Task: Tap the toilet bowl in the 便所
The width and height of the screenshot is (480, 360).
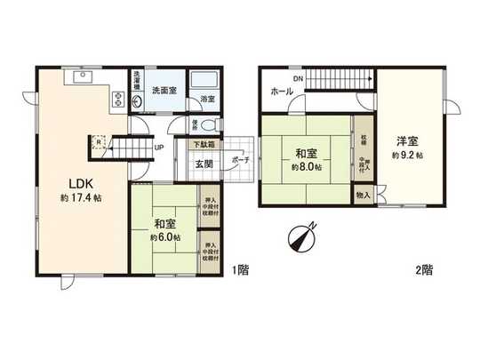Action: point(204,125)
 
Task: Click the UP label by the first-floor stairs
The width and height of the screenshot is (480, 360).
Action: point(157,148)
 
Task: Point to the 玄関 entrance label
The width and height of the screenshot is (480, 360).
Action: point(204,164)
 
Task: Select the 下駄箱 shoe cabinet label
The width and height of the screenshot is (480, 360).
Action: point(206,145)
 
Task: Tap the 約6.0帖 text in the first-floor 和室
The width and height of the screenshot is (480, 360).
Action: point(166,237)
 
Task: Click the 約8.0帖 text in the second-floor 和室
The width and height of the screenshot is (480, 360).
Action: point(305,166)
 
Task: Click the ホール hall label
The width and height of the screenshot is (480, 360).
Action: point(282,91)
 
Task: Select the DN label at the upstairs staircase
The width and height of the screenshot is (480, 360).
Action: point(299,77)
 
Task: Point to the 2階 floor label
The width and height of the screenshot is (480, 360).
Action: point(422,268)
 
